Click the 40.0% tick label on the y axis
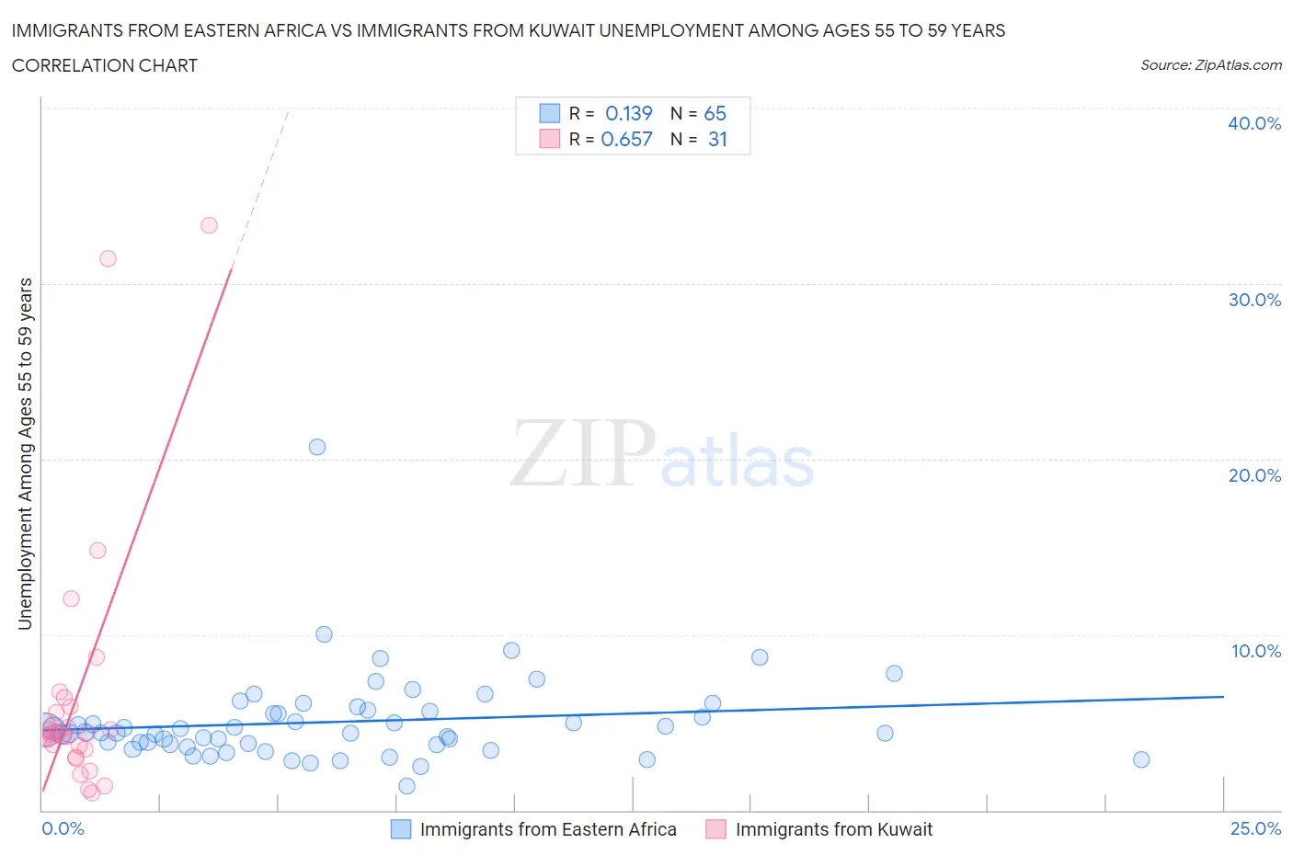tap(1254, 123)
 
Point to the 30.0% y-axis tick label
tap(1254, 300)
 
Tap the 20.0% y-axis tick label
tap(1254, 475)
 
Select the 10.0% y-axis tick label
tap(1255, 651)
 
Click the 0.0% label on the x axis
tap(63, 828)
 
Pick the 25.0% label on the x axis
tap(1255, 828)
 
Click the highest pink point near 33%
tap(209, 225)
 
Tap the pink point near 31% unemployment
tap(108, 258)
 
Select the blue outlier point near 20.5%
tap(317, 447)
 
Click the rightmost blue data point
tap(1141, 759)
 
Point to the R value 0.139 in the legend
tap(628, 113)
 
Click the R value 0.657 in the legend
tap(626, 139)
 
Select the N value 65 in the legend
tap(715, 113)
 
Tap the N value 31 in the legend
tap(717, 139)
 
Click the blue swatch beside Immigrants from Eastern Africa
tap(401, 829)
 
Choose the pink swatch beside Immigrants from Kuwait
tap(715, 829)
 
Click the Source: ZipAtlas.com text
tap(1210, 65)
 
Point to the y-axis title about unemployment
tap(25, 453)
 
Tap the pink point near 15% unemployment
tap(97, 551)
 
